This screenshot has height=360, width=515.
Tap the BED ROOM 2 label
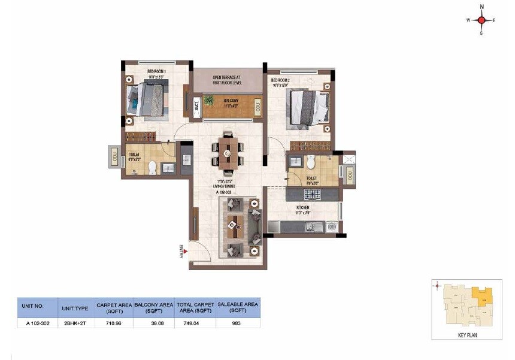pyautogui.click(x=281, y=80)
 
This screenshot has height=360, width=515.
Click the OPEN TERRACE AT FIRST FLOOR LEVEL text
pyautogui.click(x=227, y=80)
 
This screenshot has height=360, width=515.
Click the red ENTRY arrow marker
pyautogui.click(x=186, y=252)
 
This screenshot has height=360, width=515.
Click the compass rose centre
pyautogui.click(x=481, y=20)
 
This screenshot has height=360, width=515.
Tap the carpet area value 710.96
pyautogui.click(x=114, y=323)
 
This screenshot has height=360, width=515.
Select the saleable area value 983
pyautogui.click(x=238, y=323)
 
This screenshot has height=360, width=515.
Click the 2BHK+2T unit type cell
pyautogui.click(x=75, y=323)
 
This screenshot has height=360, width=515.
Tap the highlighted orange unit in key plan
pyautogui.click(x=482, y=294)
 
